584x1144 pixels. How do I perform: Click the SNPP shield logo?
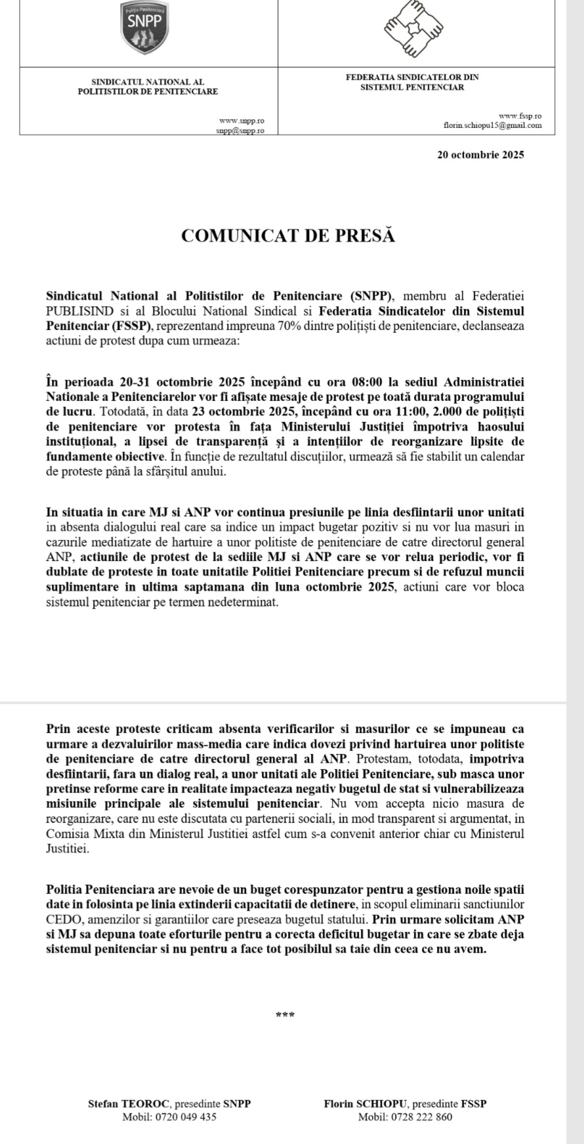pos(145,27)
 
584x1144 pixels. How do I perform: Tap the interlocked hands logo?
pos(413,29)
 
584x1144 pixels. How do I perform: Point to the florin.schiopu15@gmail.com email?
pos(492,125)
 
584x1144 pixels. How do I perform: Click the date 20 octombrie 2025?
pos(480,156)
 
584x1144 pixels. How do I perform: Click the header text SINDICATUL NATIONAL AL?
pos(148,82)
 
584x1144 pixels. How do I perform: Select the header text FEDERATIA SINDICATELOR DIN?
pos(412,77)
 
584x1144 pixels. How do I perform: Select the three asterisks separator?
pos(285,1015)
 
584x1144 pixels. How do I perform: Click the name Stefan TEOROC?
pos(130,1104)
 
